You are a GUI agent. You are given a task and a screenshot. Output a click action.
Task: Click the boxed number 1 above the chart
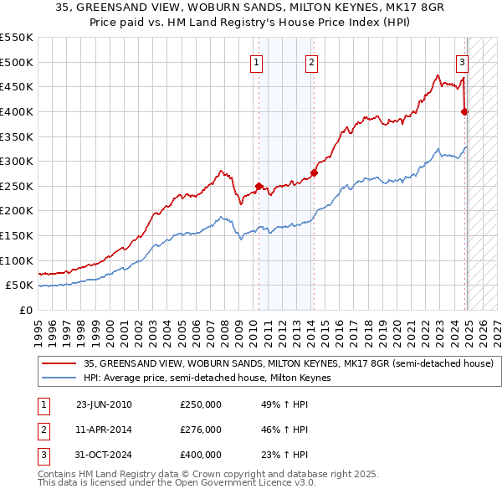256,60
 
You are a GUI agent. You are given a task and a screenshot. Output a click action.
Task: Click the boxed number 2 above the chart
311,60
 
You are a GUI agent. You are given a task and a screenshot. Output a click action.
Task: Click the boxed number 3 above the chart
462,60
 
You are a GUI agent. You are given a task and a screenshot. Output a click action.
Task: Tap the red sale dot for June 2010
259,186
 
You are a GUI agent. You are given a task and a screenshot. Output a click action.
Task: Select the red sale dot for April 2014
314,173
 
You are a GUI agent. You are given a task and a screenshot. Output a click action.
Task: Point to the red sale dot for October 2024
464,111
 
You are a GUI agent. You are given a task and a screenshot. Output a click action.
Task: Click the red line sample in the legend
59,364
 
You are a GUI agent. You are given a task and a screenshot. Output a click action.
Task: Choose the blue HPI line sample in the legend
59,378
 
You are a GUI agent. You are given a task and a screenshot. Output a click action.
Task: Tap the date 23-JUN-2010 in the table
104,404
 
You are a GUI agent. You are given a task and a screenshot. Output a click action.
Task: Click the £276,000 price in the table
201,430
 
